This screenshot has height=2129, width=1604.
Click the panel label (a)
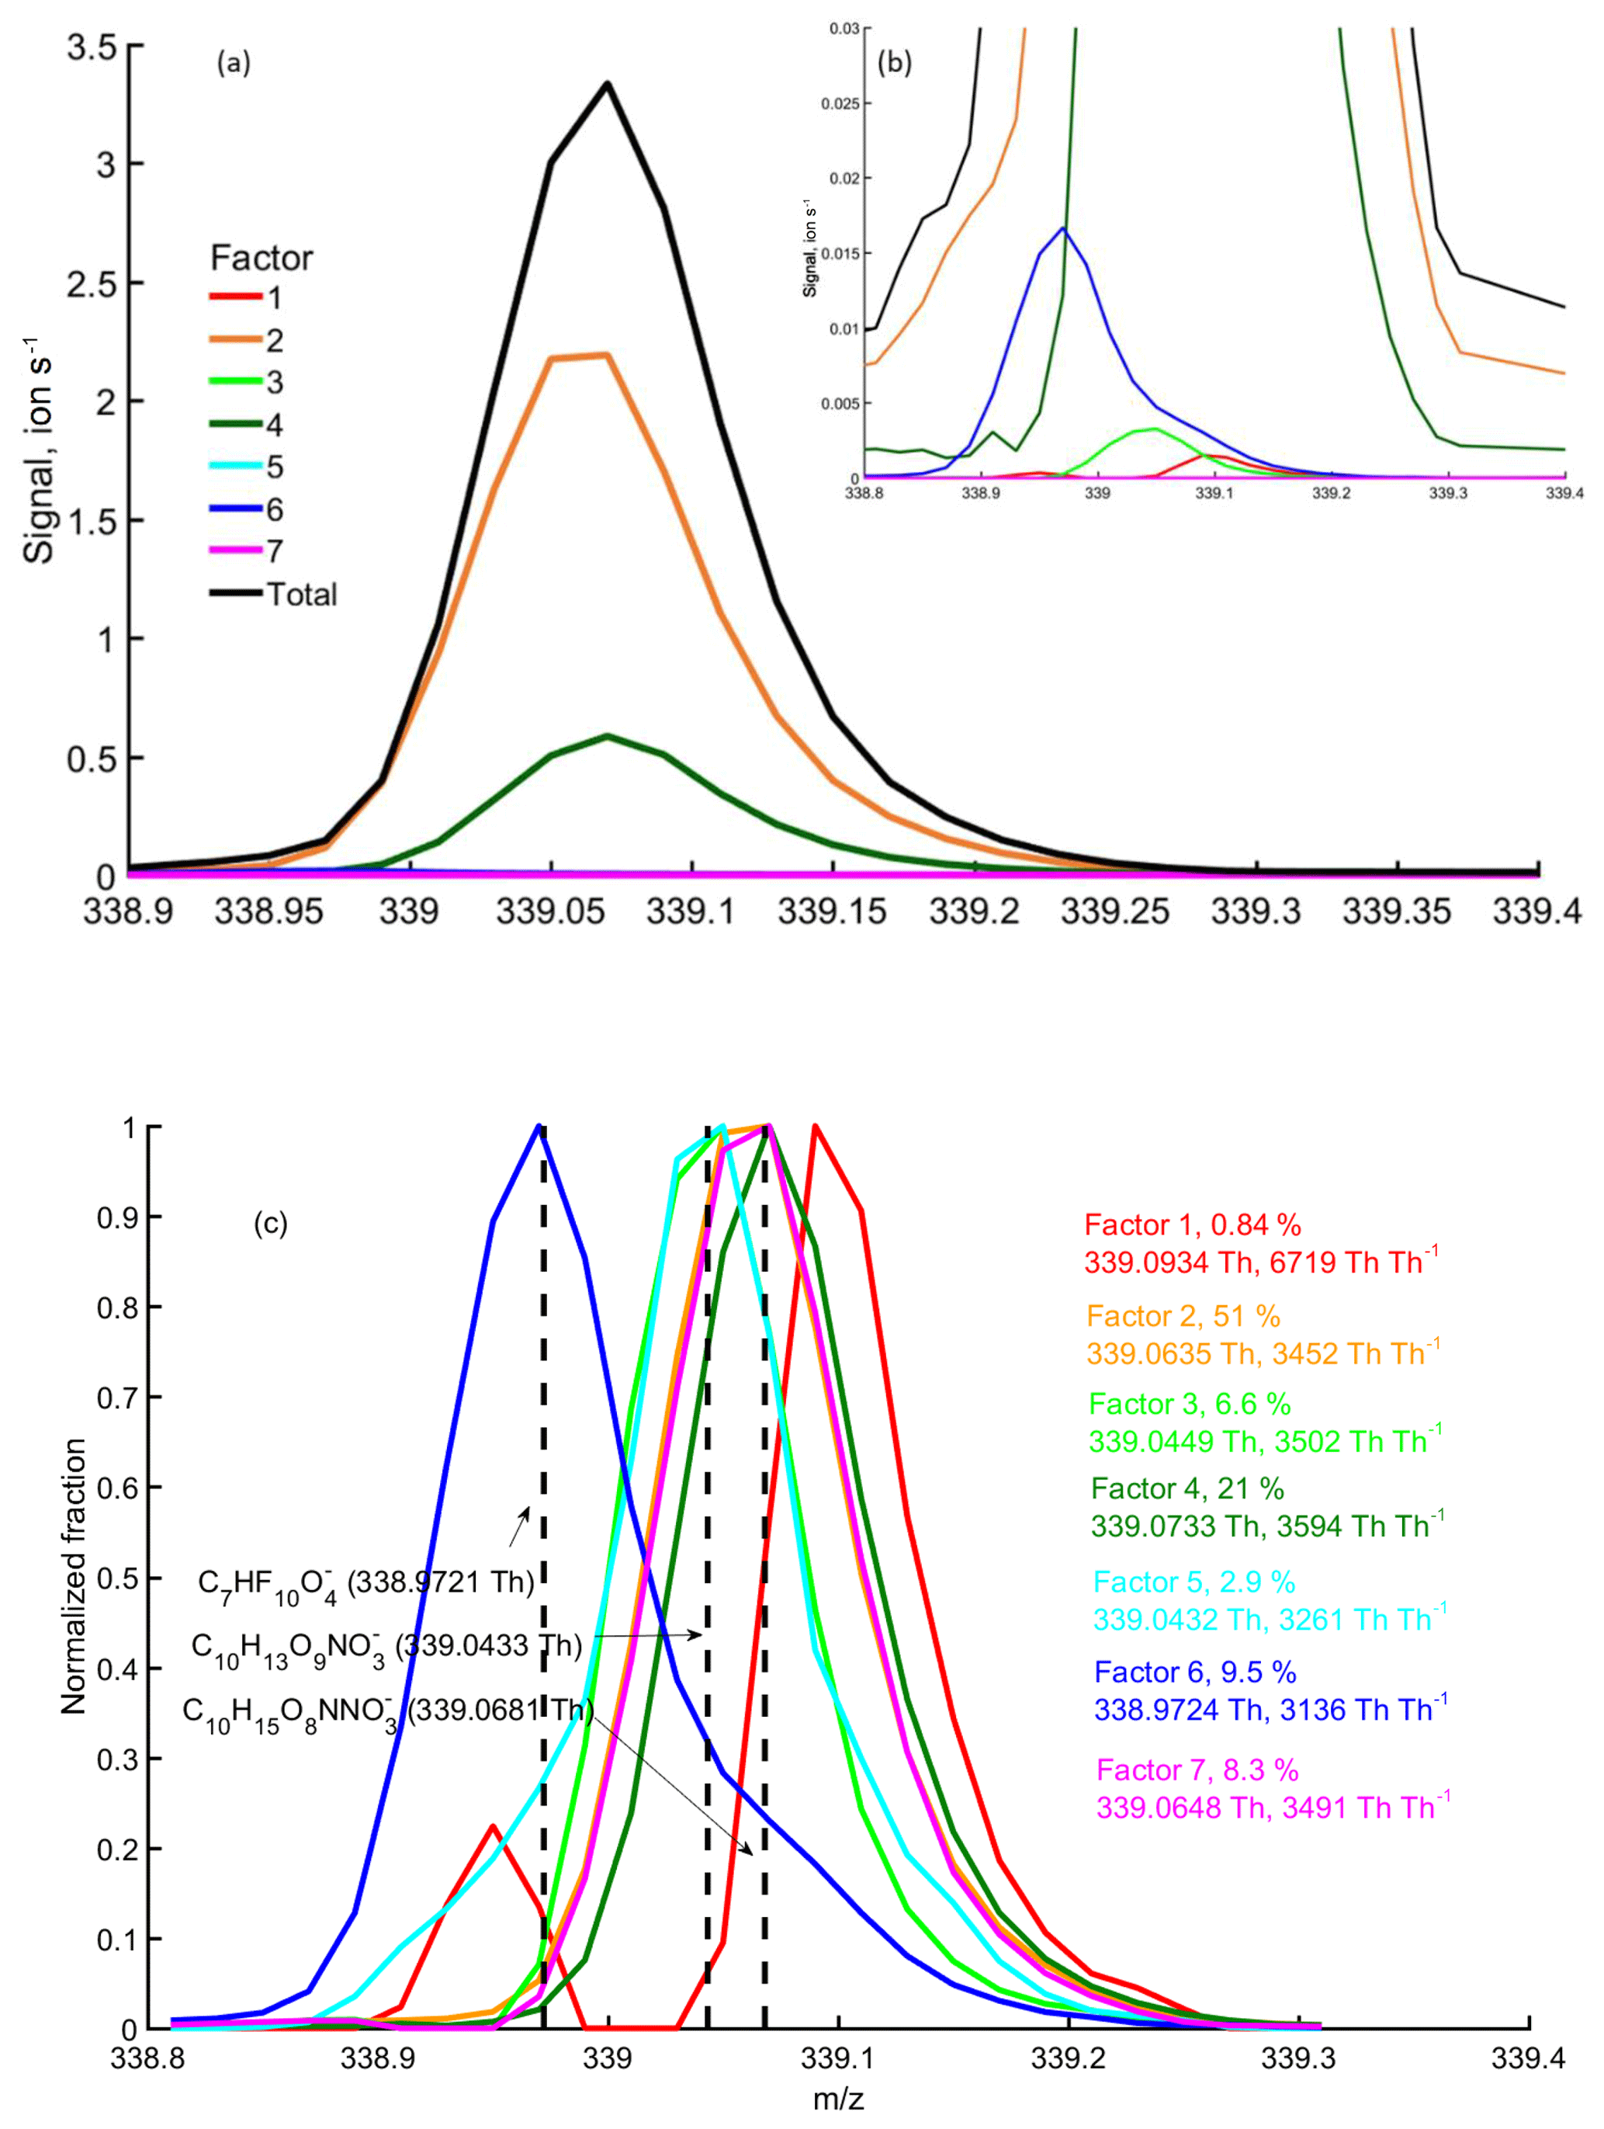pyautogui.click(x=233, y=64)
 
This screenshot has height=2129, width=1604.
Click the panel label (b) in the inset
pyautogui.click(x=894, y=64)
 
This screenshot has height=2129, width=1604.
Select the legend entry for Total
pyautogui.click(x=301, y=594)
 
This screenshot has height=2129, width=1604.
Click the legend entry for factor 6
pyautogui.click(x=274, y=509)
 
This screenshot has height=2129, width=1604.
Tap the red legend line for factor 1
pyautogui.click(x=236, y=297)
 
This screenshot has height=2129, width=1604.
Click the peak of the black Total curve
pyautogui.click(x=607, y=84)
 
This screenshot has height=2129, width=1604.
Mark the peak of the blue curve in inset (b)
pyautogui.click(x=1063, y=228)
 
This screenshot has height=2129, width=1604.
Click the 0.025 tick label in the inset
pyautogui.click(x=839, y=104)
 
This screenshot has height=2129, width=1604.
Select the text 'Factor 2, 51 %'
pyautogui.click(x=1183, y=1316)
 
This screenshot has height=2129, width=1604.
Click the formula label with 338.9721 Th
pyautogui.click(x=365, y=1582)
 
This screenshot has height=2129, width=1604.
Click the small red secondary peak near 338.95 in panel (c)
pyautogui.click(x=493, y=1827)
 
